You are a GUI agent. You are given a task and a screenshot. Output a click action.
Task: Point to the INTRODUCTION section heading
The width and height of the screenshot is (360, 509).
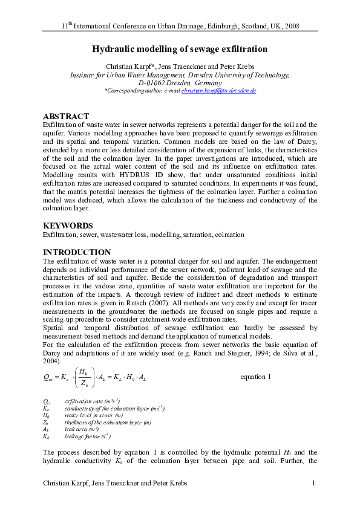coord(76,252)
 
